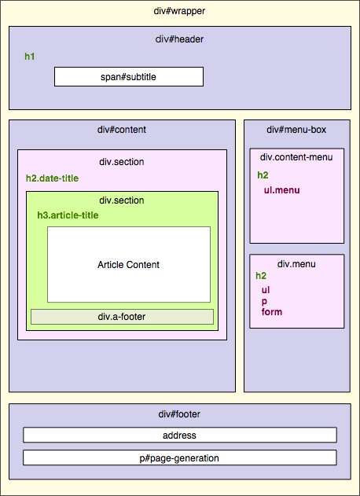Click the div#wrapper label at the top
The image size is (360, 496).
(x=180, y=11)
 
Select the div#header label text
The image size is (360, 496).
(x=180, y=39)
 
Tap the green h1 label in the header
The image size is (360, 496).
(x=30, y=57)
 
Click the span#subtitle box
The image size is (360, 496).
(x=129, y=76)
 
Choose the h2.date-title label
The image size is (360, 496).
(x=52, y=178)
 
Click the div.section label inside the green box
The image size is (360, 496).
(x=122, y=200)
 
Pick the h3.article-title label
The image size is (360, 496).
(x=68, y=215)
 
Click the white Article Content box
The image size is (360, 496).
(x=129, y=264)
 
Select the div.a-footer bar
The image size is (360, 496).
(x=122, y=317)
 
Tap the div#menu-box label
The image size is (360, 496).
(x=296, y=130)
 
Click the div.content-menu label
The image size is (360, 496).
(x=296, y=157)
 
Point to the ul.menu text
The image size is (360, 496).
(x=281, y=189)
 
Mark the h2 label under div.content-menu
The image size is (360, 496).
(x=263, y=175)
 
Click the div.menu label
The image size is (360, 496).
(x=296, y=264)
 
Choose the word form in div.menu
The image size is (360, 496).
(x=272, y=312)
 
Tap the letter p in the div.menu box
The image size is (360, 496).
(x=265, y=301)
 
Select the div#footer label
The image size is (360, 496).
(x=180, y=413)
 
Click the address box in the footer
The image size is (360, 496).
(x=180, y=435)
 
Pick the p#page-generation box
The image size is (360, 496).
(x=180, y=457)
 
